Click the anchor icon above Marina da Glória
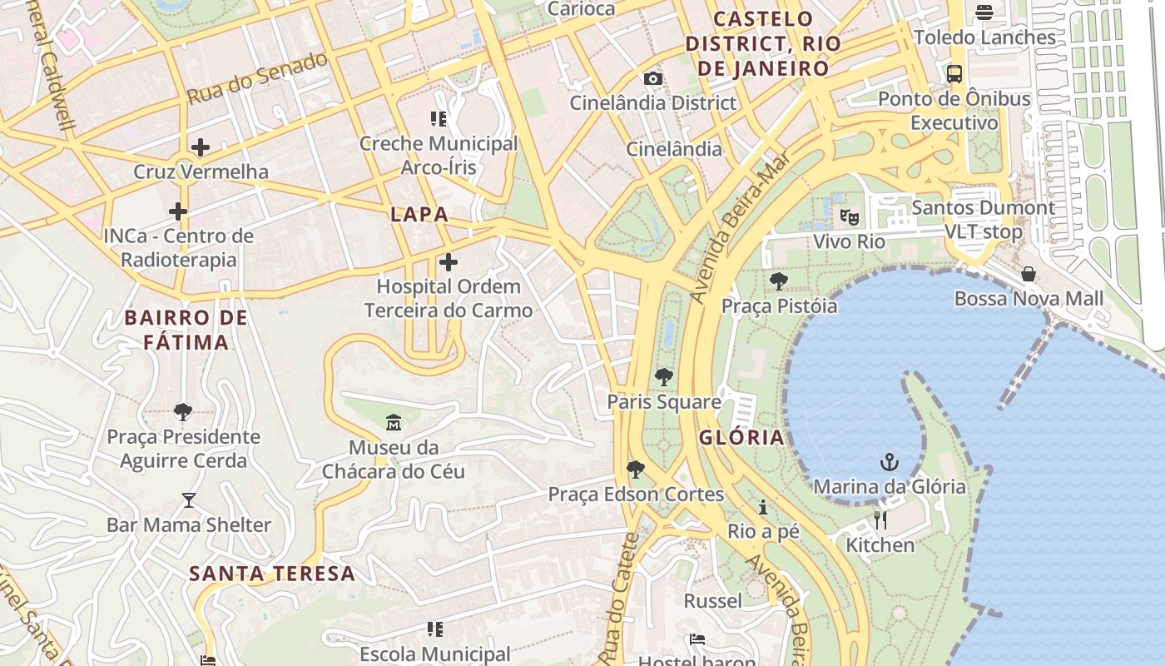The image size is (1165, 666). (x=890, y=462)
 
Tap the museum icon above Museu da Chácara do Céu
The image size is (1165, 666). (x=394, y=423)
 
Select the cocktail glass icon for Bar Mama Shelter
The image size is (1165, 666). (x=189, y=500)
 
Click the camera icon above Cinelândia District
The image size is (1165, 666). (x=653, y=78)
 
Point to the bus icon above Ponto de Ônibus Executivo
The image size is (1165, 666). (x=954, y=73)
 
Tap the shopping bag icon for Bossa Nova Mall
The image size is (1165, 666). (x=1029, y=274)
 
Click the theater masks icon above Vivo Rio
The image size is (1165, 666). (x=849, y=217)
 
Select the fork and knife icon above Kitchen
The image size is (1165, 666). (x=880, y=520)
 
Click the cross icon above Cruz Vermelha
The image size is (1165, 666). (x=200, y=147)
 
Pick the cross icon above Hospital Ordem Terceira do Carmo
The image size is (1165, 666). (x=449, y=262)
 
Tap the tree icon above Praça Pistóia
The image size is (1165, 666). (x=779, y=281)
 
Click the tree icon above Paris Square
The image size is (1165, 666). (x=663, y=377)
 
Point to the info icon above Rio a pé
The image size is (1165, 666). (x=763, y=507)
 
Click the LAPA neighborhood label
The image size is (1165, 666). (x=419, y=214)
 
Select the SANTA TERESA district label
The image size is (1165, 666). (x=272, y=574)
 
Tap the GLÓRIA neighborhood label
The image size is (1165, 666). (x=741, y=437)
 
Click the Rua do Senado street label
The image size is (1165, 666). (x=257, y=78)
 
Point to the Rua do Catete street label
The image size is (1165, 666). (x=622, y=598)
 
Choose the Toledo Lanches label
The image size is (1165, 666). (x=984, y=37)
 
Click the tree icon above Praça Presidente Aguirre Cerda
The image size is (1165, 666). (x=183, y=411)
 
